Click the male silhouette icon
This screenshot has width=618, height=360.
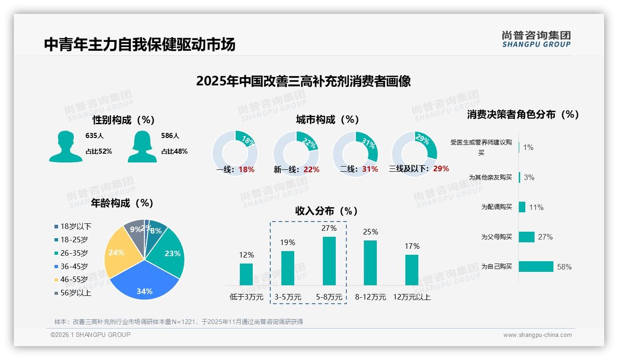(65, 147)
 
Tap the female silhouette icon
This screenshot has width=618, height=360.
(142, 147)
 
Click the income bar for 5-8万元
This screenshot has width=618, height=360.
(329, 261)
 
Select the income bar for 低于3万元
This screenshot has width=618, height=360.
(246, 274)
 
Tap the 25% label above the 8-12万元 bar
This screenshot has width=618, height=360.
(370, 232)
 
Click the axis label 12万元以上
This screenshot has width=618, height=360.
(412, 297)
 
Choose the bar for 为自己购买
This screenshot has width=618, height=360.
(536, 267)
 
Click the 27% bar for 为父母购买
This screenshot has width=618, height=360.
(527, 237)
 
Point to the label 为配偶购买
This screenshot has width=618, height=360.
(497, 207)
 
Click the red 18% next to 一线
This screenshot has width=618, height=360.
(247, 169)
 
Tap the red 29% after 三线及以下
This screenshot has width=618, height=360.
(441, 168)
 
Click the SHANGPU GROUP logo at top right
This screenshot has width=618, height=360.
(536, 39)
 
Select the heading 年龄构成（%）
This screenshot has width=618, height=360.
(122, 203)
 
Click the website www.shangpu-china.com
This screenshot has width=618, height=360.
(537, 335)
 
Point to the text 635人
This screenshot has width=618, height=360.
(95, 136)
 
